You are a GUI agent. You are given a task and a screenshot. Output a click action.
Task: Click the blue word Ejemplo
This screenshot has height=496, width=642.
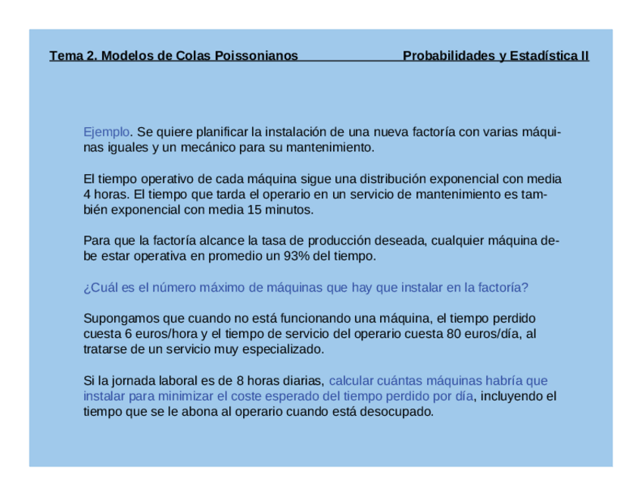tap(106, 132)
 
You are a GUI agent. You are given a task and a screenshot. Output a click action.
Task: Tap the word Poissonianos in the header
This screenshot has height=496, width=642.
tap(256, 55)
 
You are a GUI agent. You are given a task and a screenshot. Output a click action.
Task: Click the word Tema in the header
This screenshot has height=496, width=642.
tap(64, 55)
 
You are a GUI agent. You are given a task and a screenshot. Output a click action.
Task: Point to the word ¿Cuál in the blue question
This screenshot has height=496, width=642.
tap(98, 288)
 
